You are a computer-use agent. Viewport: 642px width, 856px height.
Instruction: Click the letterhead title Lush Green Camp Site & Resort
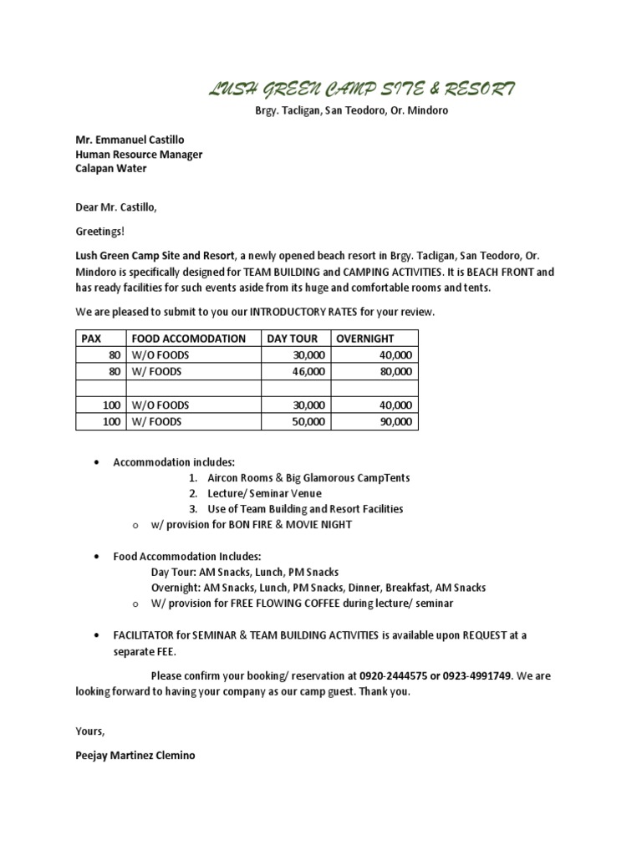361,89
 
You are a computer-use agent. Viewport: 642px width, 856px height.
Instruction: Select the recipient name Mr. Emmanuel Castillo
130,140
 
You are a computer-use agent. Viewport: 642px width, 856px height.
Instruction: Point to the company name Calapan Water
111,168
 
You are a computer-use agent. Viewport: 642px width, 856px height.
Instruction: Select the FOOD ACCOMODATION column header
188,339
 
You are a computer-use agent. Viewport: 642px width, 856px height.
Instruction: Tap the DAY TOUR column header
293,339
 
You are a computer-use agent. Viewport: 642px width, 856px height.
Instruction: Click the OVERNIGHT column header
365,339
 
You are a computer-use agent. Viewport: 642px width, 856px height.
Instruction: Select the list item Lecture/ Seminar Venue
264,493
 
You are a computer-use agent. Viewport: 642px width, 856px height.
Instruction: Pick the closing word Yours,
90,731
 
